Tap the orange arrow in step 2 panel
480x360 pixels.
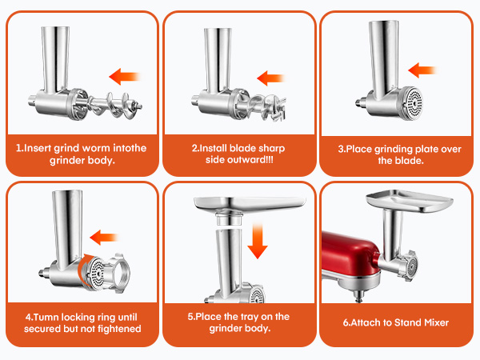coord(272,78)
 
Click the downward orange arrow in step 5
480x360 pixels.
coord(257,239)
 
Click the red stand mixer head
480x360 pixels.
coord(352,256)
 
